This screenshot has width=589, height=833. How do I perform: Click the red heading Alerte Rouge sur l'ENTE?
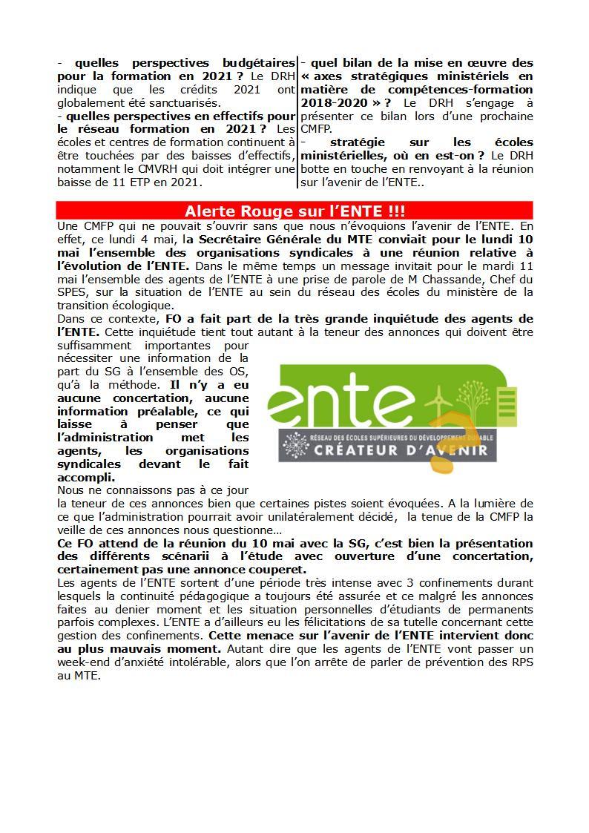(x=294, y=211)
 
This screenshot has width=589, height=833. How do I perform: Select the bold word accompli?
(x=85, y=477)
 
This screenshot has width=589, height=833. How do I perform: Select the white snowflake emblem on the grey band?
(x=296, y=444)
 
